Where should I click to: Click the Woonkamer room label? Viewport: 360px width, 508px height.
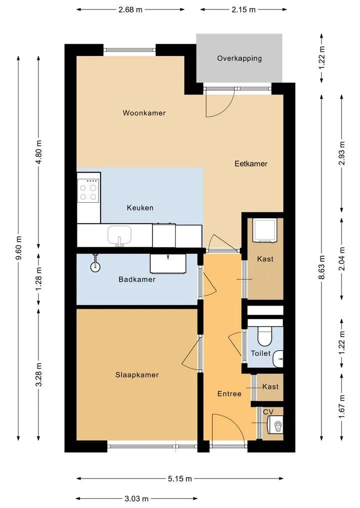click(x=144, y=113)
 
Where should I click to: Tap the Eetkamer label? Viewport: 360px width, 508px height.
click(x=251, y=164)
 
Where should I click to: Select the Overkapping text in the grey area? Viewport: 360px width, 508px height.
click(x=239, y=58)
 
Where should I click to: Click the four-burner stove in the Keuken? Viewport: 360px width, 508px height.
click(x=88, y=191)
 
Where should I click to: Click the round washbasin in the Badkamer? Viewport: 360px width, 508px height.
click(x=95, y=267)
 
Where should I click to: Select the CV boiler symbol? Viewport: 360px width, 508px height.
click(x=275, y=425)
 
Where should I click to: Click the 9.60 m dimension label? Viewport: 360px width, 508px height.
click(x=19, y=248)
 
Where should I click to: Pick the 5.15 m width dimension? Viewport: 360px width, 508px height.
click(x=180, y=479)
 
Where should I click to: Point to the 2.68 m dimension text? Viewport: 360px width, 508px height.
click(x=130, y=9)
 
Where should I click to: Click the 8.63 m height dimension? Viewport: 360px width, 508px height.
click(x=321, y=267)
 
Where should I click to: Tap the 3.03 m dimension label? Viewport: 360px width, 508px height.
click(x=136, y=499)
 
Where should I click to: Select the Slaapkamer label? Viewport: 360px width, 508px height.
click(x=137, y=375)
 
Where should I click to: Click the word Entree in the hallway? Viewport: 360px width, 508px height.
click(x=229, y=394)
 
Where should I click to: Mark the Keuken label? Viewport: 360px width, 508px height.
click(x=140, y=208)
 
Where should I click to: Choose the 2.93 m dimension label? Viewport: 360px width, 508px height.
click(x=341, y=153)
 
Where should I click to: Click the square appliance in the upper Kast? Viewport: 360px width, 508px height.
click(x=265, y=230)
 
